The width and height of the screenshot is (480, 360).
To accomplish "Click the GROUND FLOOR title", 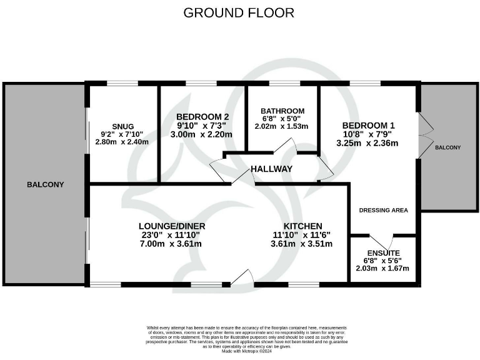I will pyautogui.click(x=238, y=12).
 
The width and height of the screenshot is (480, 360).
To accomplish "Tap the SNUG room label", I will pyautogui.click(x=123, y=126).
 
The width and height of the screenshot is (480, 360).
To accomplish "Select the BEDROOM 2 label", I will pyautogui.click(x=202, y=117).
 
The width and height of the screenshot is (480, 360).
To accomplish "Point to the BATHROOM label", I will pyautogui.click(x=282, y=111).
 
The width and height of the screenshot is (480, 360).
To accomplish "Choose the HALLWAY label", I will pyautogui.click(x=271, y=169).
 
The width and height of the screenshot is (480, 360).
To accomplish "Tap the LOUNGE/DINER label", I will pyautogui.click(x=171, y=226).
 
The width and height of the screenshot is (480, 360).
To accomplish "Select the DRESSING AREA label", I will pyautogui.click(x=383, y=210).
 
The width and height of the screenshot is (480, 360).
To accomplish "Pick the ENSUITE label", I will pyautogui.click(x=383, y=252).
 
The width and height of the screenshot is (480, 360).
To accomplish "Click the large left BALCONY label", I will pyautogui.click(x=45, y=184).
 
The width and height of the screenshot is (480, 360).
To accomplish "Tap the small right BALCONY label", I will pyautogui.click(x=447, y=147).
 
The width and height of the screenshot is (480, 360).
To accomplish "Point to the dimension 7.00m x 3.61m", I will pyautogui.click(x=171, y=244).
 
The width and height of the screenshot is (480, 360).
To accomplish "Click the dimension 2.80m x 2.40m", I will pyautogui.click(x=122, y=142).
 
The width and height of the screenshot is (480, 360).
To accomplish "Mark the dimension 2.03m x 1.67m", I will pyautogui.click(x=383, y=269).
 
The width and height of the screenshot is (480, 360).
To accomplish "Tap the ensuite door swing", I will pyautogui.click(x=387, y=241).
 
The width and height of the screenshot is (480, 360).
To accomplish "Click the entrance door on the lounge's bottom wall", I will pyautogui.click(x=242, y=277).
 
